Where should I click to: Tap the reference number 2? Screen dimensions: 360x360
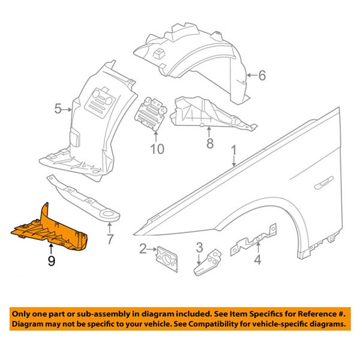[143, 249]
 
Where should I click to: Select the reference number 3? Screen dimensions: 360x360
[199, 247]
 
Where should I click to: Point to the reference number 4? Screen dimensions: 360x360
[257, 260]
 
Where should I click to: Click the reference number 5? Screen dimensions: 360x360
[58, 109]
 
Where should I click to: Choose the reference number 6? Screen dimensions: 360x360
[261, 76]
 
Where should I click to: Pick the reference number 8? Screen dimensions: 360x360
[210, 144]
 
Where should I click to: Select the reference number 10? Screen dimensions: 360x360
[156, 148]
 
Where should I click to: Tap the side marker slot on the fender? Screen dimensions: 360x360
[325, 180]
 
